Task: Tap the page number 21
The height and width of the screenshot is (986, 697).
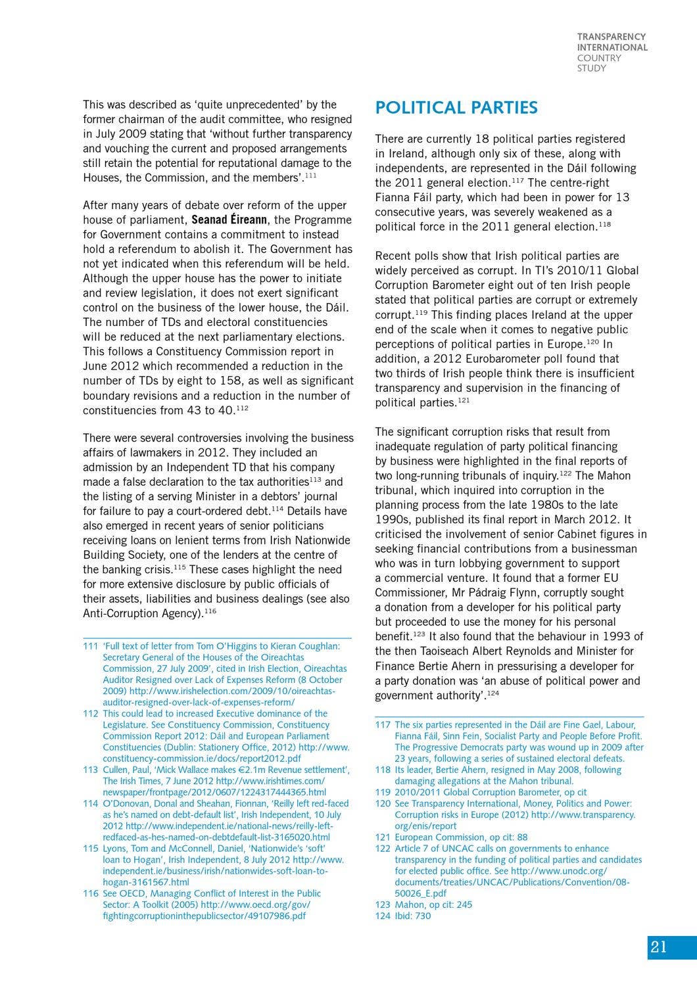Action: pyautogui.click(x=659, y=947)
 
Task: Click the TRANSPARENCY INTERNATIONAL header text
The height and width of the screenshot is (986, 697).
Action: pyautogui.click(x=612, y=42)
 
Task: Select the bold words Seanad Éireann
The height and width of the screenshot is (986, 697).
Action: pyautogui.click(x=229, y=220)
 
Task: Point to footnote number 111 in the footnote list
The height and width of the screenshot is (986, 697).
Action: pyautogui.click(x=90, y=646)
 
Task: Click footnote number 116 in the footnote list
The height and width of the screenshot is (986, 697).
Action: pyautogui.click(x=90, y=893)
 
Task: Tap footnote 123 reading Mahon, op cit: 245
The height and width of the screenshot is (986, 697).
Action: pyautogui.click(x=423, y=904)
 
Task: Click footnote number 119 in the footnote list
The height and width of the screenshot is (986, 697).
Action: pyautogui.click(x=383, y=792)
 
